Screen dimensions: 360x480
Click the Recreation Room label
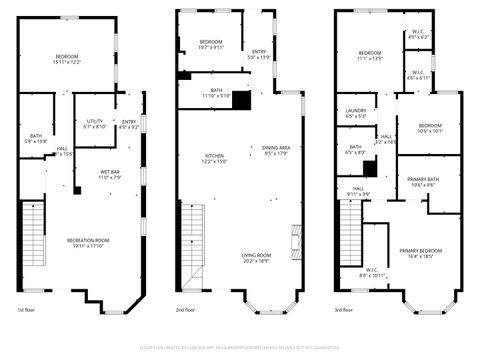click(87, 242)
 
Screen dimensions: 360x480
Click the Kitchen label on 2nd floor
click(215, 157)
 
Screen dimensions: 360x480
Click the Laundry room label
click(356, 113)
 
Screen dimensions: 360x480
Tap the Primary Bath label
click(421, 182)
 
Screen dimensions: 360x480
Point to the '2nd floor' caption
click(186, 310)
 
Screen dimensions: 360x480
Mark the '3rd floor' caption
click(345, 310)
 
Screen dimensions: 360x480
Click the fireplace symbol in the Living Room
click(295, 240)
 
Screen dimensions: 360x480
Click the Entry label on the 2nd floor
click(259, 54)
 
